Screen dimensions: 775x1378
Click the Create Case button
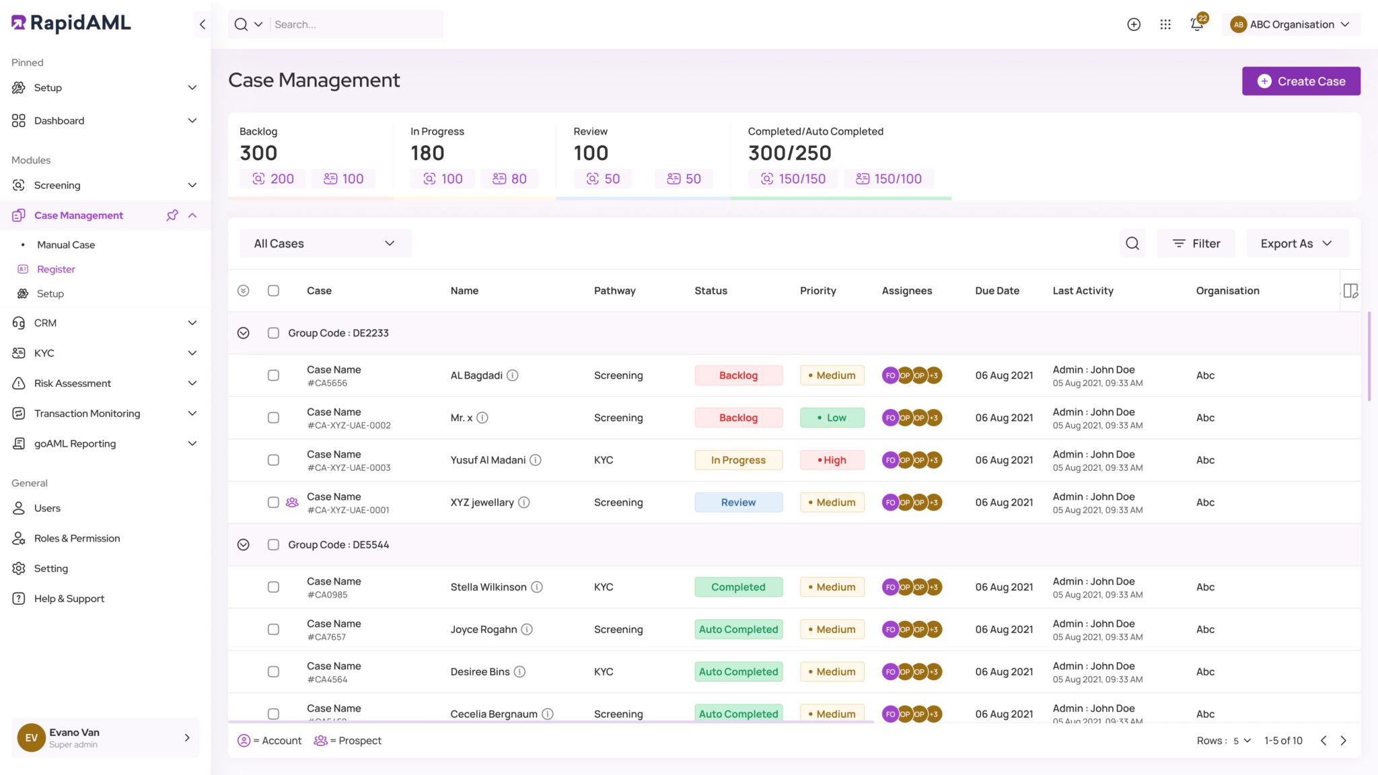coord(1301,81)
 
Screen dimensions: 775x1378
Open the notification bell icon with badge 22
coord(1196,24)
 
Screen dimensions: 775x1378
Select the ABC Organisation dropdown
coord(1291,24)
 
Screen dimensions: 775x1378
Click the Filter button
coord(1196,244)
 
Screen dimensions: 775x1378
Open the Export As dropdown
coord(1297,244)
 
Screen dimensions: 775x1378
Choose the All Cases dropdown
coord(325,244)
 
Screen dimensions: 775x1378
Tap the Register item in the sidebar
coord(56,269)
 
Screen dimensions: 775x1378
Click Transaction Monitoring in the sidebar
coord(87,413)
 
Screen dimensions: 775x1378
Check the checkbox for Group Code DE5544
coord(273,545)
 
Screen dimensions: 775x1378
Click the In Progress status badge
coord(738,460)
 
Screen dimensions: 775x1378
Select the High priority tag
coord(832,460)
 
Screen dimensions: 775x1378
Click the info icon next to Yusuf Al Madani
coord(536,460)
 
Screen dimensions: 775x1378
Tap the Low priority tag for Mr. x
coord(832,418)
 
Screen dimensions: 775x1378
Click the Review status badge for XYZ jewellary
coord(738,503)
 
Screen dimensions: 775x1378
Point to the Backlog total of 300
coord(258,153)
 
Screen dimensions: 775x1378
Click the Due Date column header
coord(996,291)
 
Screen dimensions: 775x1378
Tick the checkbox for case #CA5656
coord(273,375)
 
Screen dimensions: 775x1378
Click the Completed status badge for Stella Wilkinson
coord(738,587)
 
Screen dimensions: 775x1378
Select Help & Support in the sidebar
coord(69,599)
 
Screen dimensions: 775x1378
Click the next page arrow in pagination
coord(1344,741)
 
